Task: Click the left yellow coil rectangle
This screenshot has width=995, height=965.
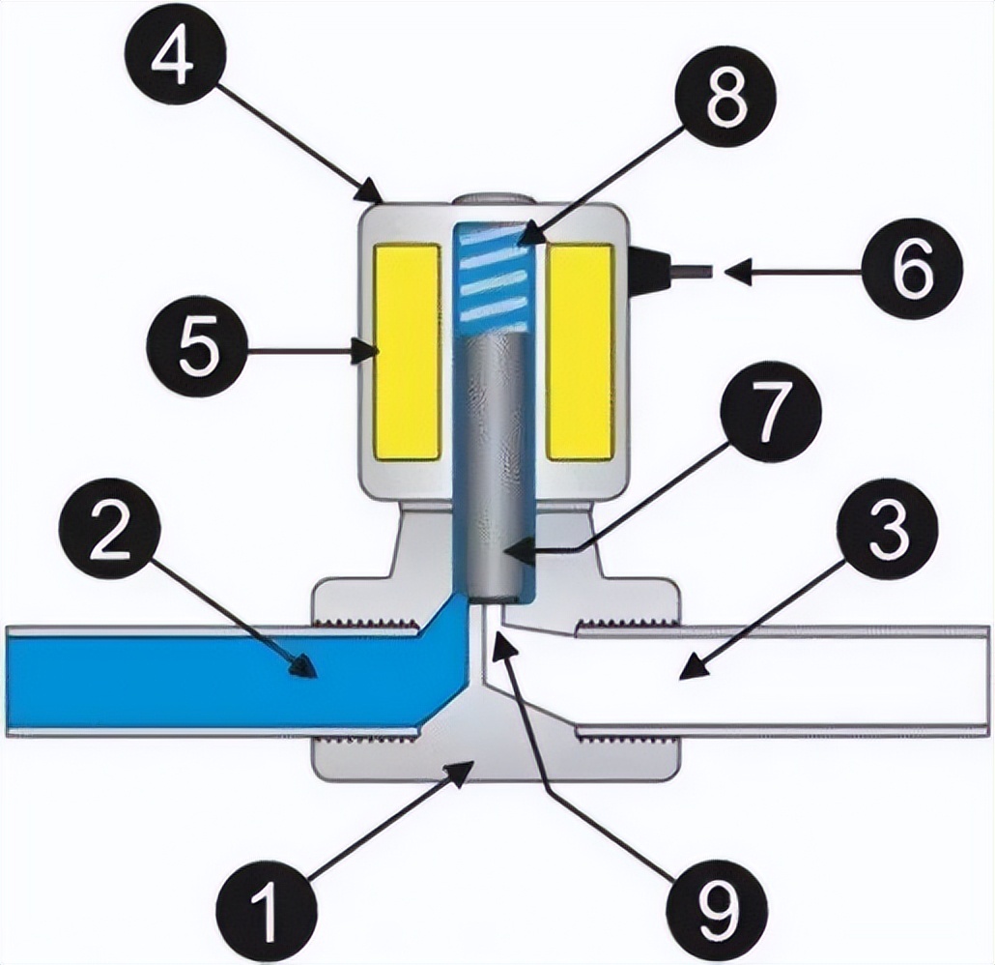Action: (407, 352)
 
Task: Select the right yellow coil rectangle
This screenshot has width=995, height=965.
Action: (580, 352)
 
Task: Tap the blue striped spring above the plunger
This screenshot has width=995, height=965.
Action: (493, 275)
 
